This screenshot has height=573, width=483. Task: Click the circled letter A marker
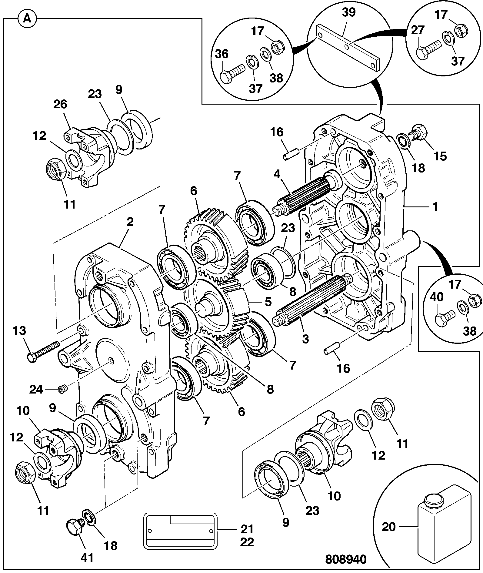27,19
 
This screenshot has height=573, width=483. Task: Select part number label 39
349,13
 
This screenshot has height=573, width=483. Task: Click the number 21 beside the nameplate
247,529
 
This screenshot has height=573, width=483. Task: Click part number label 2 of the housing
130,222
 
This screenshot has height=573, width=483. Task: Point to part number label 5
268,302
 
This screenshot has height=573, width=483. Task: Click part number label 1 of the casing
435,207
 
